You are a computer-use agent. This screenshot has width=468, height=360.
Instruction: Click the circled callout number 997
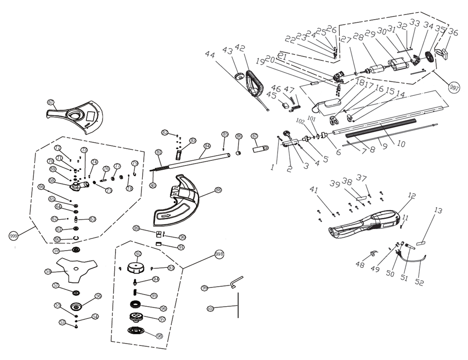point(453,87)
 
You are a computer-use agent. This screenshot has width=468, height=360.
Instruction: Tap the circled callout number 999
point(15,236)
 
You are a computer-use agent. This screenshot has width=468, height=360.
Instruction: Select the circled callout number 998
point(219,253)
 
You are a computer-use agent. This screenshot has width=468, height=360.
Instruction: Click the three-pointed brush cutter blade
point(75,269)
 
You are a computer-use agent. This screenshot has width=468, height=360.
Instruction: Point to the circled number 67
point(51,102)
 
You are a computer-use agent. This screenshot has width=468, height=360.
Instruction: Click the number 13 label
point(438,211)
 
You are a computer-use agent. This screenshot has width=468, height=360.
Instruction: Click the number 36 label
point(453,32)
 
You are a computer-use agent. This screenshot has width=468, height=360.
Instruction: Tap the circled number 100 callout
point(210,309)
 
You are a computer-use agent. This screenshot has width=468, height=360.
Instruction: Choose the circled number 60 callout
point(58,239)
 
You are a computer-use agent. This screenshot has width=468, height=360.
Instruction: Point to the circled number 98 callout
point(159,336)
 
